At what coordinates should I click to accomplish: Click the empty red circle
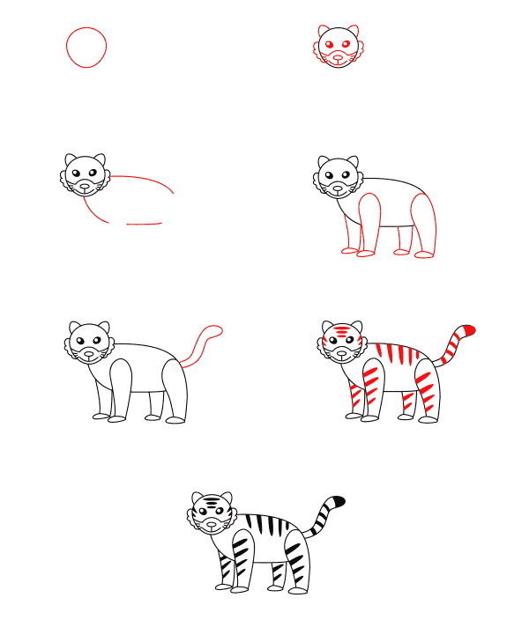click(x=86, y=47)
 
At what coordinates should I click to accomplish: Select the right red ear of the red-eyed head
click(x=353, y=31)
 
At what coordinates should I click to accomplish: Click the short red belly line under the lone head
click(x=144, y=224)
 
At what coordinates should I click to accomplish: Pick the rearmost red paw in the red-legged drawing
click(x=425, y=254)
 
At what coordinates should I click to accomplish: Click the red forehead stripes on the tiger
click(x=339, y=332)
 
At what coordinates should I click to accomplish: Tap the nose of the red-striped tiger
click(x=339, y=351)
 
